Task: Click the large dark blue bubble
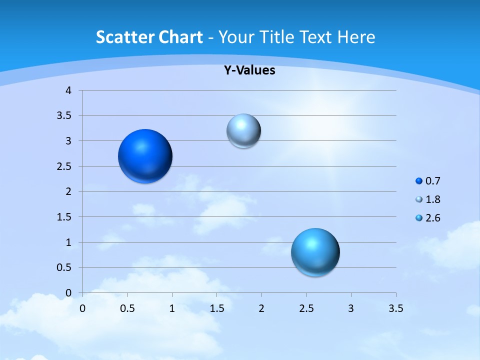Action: [x=145, y=156]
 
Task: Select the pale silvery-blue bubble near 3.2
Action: [x=243, y=131]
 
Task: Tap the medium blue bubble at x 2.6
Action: [x=315, y=252]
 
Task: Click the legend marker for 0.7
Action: [x=419, y=181]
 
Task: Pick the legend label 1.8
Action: [x=432, y=199]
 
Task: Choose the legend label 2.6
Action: [x=432, y=218]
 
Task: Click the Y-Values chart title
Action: [x=249, y=70]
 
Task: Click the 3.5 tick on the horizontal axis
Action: [x=396, y=308]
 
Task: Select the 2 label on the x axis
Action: [x=261, y=308]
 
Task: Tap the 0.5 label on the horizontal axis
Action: [x=127, y=308]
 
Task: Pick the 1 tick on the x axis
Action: [x=172, y=308]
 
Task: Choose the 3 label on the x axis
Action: [x=351, y=308]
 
